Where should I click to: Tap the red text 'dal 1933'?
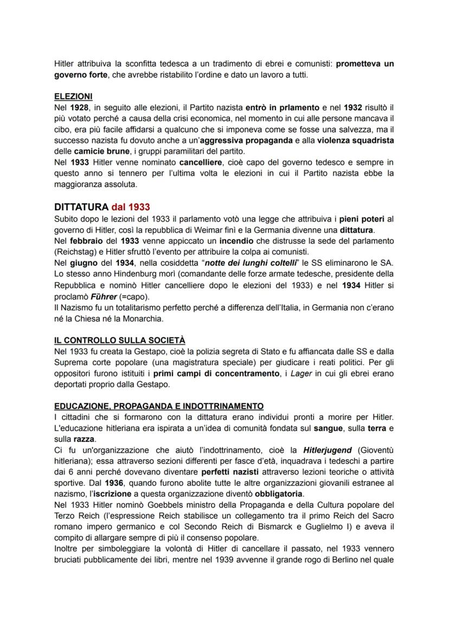click(131, 207)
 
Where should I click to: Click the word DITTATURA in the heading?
click(81, 207)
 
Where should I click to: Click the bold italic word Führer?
click(104, 296)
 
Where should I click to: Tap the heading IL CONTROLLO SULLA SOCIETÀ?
click(119, 341)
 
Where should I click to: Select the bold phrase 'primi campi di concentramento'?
click(214, 374)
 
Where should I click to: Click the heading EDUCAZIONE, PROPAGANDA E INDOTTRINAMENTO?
click(159, 406)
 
